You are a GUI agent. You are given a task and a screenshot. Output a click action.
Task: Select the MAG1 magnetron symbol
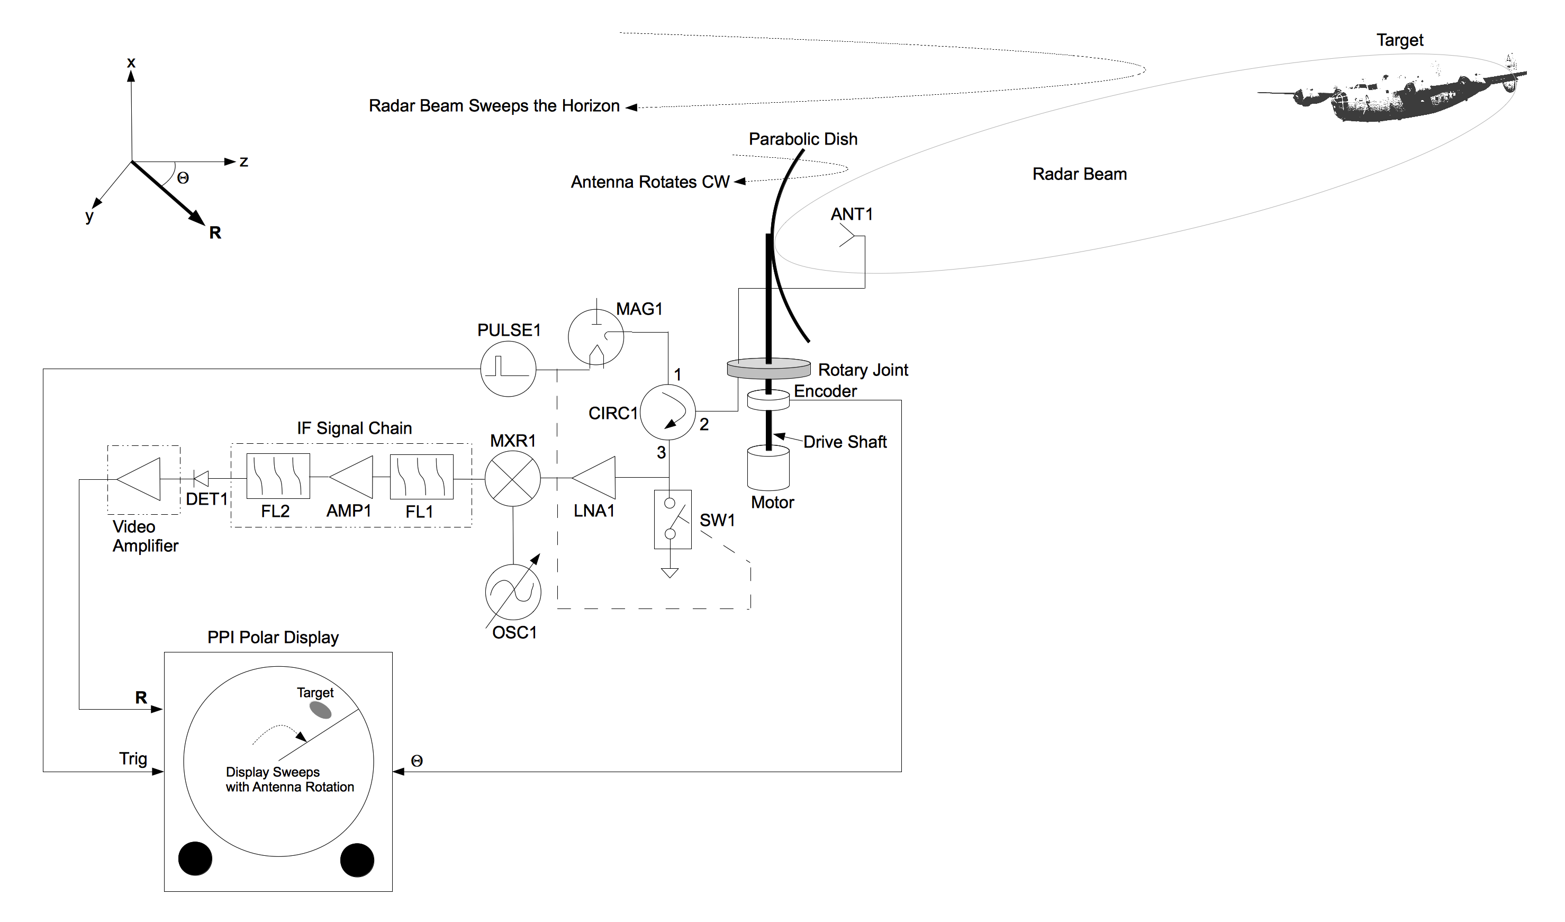[x=595, y=337]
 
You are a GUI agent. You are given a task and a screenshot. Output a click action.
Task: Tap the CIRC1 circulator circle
[x=667, y=413]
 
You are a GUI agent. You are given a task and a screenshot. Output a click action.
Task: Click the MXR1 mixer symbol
[x=512, y=478]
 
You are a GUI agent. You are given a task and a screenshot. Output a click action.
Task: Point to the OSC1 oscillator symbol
[x=513, y=592]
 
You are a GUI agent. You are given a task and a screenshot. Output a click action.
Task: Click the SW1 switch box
[x=673, y=520]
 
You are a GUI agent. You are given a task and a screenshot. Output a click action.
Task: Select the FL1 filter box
[x=421, y=477]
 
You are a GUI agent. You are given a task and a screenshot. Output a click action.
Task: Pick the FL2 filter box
[x=278, y=477]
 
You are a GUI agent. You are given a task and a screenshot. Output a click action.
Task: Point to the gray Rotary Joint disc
[x=768, y=369]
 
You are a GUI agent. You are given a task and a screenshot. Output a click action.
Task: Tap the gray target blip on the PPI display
[x=320, y=710]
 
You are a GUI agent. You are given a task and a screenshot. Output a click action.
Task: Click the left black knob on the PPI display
[x=195, y=858]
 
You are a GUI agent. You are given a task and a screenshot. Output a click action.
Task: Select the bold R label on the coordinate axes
[x=215, y=232]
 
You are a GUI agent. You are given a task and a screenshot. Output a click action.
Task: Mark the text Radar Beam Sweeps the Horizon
[x=494, y=106]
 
